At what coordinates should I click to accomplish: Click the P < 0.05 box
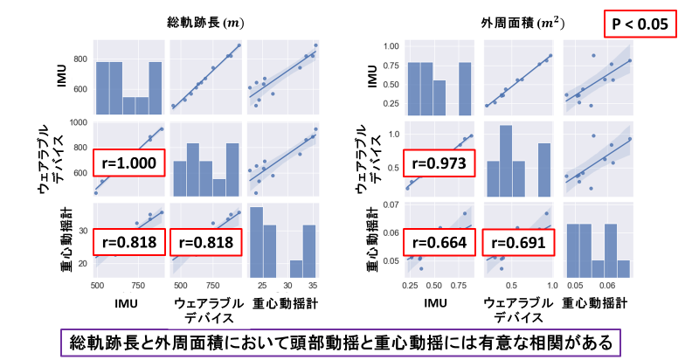(639, 24)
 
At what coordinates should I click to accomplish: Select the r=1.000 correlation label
(128, 163)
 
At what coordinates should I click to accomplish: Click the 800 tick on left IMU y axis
(79, 59)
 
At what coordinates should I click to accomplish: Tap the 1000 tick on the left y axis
(77, 124)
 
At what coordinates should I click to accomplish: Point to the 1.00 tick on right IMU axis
(389, 45)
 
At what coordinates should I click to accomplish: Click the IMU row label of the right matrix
(370, 77)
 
